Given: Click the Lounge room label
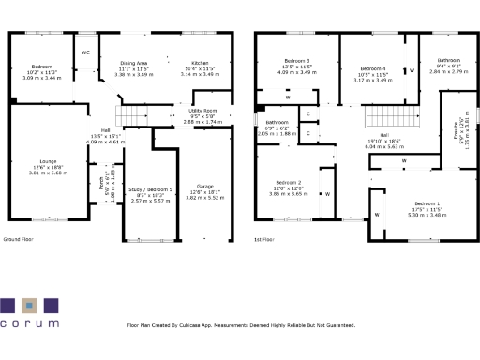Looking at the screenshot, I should click(x=40, y=161).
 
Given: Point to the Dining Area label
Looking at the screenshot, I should click(x=136, y=63).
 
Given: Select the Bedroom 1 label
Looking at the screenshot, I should click(x=427, y=203).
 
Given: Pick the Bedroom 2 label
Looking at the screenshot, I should click(x=289, y=182).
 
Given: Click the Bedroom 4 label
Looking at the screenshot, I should click(x=373, y=68).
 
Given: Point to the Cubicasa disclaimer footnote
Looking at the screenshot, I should click(x=240, y=326).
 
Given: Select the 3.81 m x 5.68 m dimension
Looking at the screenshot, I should click(x=40, y=172).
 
